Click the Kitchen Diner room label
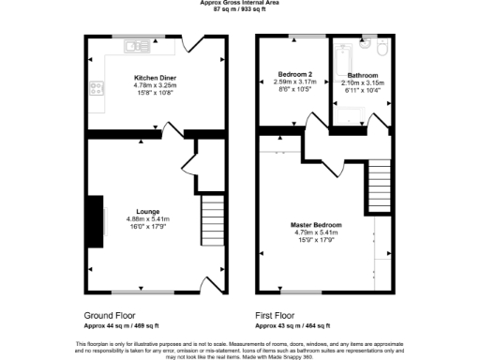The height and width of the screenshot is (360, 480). click(156, 78)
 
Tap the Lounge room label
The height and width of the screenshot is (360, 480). click(146, 211)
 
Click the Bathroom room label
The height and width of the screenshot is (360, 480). click(362, 75)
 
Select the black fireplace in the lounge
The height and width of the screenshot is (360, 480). click(95, 221)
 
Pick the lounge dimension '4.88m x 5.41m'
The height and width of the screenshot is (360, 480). click(146, 219)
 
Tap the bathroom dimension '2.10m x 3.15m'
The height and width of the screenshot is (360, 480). click(362, 82)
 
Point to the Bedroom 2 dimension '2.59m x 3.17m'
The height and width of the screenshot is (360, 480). click(295, 82)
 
